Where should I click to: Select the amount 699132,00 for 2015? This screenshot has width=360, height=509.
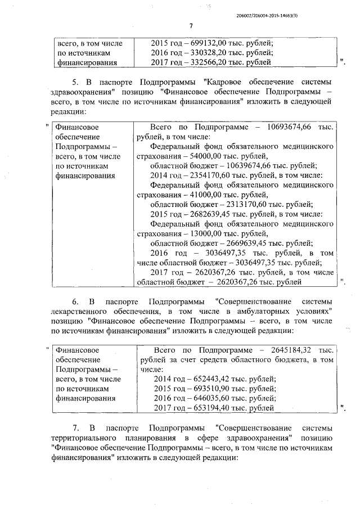tap(207, 43)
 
